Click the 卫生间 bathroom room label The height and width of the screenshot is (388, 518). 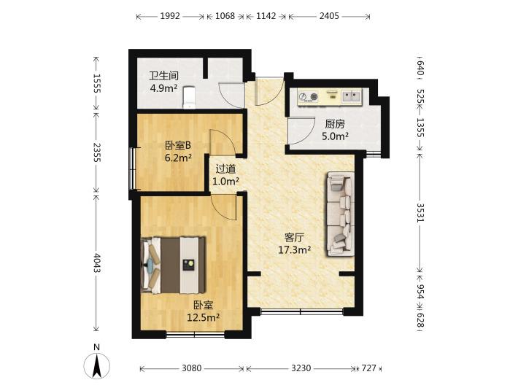164,76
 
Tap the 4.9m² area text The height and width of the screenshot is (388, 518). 163,88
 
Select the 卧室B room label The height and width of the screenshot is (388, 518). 178,145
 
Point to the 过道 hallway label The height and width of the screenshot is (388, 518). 225,169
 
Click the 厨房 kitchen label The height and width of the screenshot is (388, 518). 335,124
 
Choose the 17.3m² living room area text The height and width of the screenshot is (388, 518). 294,249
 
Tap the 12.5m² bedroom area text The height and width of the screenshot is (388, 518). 204,317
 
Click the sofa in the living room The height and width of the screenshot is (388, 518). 341,214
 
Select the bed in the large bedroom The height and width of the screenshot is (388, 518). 173,265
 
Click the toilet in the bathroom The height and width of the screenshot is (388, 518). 189,98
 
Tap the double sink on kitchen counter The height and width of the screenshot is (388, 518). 351,96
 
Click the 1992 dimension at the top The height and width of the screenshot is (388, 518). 170,16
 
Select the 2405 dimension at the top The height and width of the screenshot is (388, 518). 329,16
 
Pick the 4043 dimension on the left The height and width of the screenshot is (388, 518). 96,263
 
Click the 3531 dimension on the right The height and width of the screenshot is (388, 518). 420,212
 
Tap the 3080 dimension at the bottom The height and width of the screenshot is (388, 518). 192,368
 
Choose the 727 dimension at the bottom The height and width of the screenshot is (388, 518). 368,368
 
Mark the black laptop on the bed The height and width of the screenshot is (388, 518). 189,265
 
